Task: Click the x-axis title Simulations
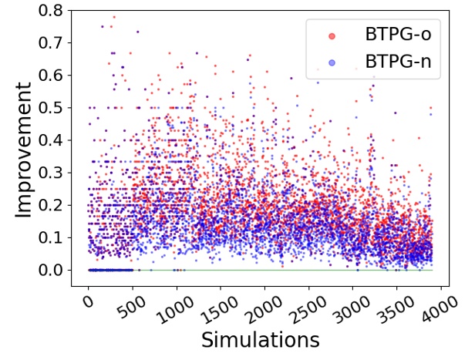pyautogui.click(x=260, y=339)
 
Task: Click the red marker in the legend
pyautogui.click(x=331, y=35)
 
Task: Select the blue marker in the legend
pyautogui.click(x=331, y=64)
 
